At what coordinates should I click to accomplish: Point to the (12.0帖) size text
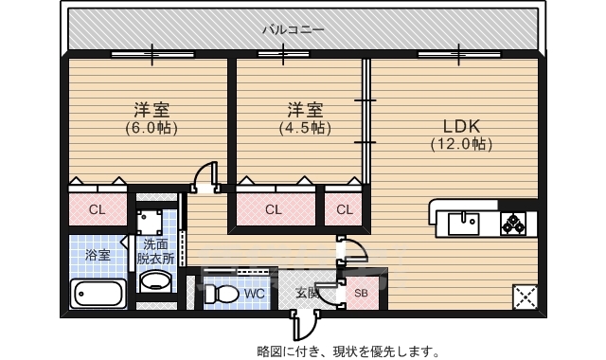click(x=460, y=145)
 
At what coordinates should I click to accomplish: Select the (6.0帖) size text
click(x=151, y=127)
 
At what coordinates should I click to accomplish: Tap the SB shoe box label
click(x=361, y=293)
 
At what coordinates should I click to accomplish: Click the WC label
click(x=254, y=294)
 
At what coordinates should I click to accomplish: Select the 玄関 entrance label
click(x=306, y=293)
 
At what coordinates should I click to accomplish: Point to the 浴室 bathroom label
click(x=98, y=256)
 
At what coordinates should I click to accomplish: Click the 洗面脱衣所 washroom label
click(x=155, y=250)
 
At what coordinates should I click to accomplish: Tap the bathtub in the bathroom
click(x=98, y=294)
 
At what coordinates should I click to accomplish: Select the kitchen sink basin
click(x=464, y=225)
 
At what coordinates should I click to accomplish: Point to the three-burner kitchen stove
click(x=517, y=225)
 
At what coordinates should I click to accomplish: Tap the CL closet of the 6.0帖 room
click(x=97, y=209)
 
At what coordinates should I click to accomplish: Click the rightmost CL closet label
click(x=345, y=209)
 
